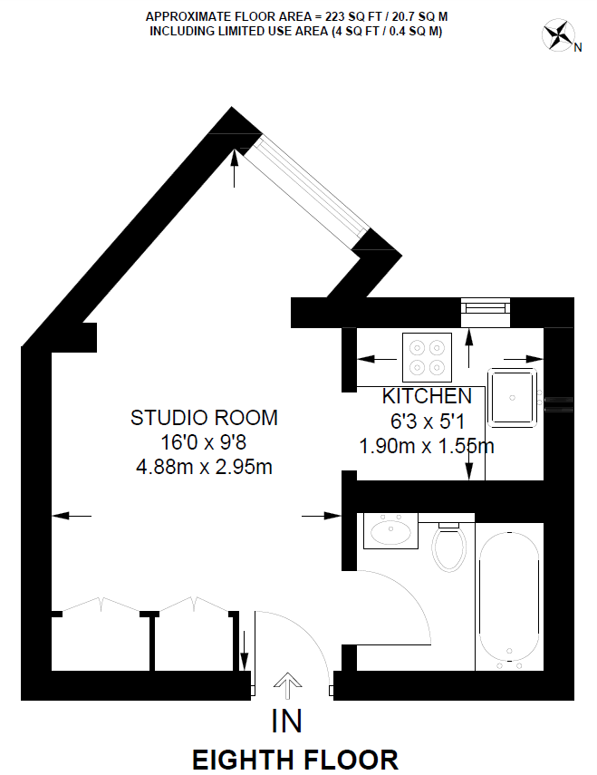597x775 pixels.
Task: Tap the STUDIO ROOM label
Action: click(204, 418)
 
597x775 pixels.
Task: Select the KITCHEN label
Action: click(427, 396)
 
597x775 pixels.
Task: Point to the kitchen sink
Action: click(514, 397)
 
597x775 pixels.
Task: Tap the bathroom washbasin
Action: click(390, 530)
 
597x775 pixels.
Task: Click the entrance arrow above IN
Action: click(287, 686)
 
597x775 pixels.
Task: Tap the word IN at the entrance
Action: click(287, 722)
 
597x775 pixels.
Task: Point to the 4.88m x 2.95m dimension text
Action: click(204, 468)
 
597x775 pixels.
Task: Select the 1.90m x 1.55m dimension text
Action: click(427, 446)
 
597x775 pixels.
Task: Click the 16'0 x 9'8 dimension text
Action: click(204, 443)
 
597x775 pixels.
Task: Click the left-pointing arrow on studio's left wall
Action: click(72, 516)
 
